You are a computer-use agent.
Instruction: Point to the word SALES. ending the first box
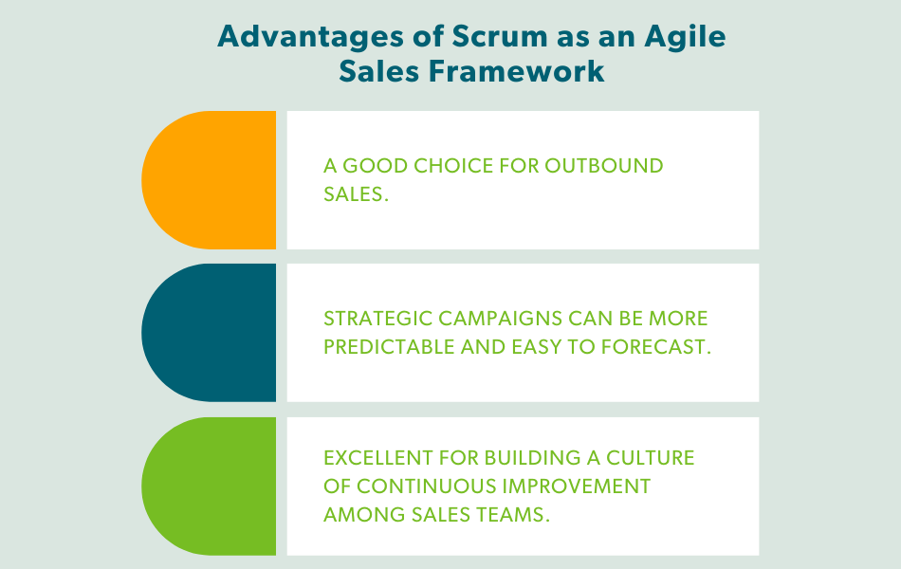click(x=357, y=194)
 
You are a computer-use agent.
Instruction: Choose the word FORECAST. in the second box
click(x=655, y=347)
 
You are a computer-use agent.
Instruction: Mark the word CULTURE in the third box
click(x=654, y=458)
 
